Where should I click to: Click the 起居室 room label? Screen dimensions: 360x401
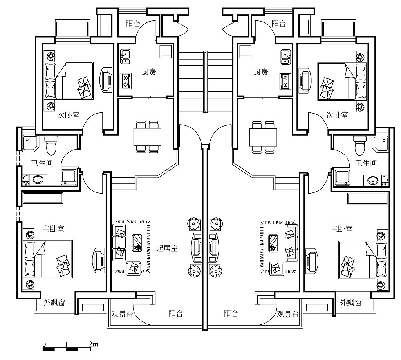tap(167, 248)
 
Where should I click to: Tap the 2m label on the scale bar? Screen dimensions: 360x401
tap(93, 344)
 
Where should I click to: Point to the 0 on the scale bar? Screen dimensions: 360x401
tap(44, 344)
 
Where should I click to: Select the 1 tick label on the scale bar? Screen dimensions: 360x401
tap(67, 344)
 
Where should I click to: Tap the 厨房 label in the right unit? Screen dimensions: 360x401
tap(261, 72)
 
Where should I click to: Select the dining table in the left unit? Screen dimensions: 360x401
tap(147, 137)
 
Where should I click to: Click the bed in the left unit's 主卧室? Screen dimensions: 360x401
tap(48, 259)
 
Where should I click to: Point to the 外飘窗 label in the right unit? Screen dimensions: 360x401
tap(350, 302)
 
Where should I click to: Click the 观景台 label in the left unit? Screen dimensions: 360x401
tap(122, 314)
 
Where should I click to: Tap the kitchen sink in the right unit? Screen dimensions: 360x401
tap(285, 56)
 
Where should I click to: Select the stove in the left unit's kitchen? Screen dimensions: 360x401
tap(126, 81)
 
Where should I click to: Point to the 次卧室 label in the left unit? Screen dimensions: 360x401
tap(69, 115)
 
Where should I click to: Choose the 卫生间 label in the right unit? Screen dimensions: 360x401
tap(366, 163)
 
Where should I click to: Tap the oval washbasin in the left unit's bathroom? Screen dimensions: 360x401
tap(38, 180)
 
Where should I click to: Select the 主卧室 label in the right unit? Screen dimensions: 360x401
tap(341, 228)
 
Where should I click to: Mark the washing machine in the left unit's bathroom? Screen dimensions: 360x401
tap(69, 177)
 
